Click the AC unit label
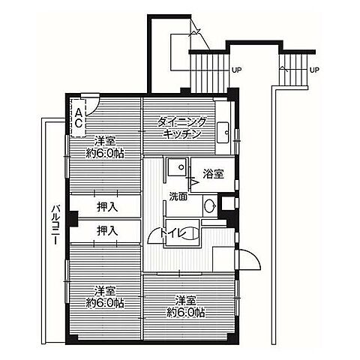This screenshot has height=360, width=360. point(79,118)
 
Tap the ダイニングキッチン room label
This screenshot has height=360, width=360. point(182,128)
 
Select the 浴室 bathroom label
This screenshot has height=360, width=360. point(213,174)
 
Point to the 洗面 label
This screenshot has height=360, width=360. point(178,197)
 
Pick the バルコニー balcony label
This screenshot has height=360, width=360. point(56,225)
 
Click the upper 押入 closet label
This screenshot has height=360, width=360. point(107,207)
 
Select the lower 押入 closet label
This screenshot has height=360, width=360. point(107,230)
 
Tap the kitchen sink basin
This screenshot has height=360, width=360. point(223,133)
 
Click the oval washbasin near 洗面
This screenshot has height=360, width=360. point(210,206)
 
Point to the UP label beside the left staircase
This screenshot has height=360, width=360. point(237,70)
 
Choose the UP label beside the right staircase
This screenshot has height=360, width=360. point(314,70)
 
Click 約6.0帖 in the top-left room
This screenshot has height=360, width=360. point(105,153)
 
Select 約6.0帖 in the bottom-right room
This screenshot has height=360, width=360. point(186,312)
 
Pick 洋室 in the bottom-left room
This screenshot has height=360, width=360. point(105,292)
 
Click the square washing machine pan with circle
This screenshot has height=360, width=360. point(177,166)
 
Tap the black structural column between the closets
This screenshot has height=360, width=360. point(73,219)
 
